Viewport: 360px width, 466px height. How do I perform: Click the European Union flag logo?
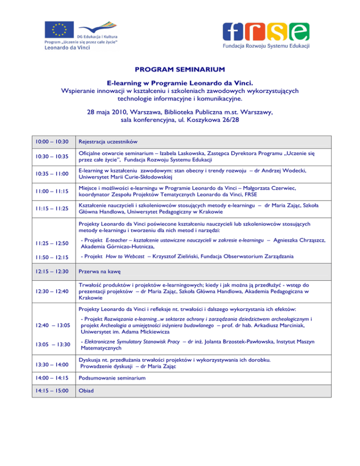coord(59,30)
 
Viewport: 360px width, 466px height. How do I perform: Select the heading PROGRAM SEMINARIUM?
coord(180,69)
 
